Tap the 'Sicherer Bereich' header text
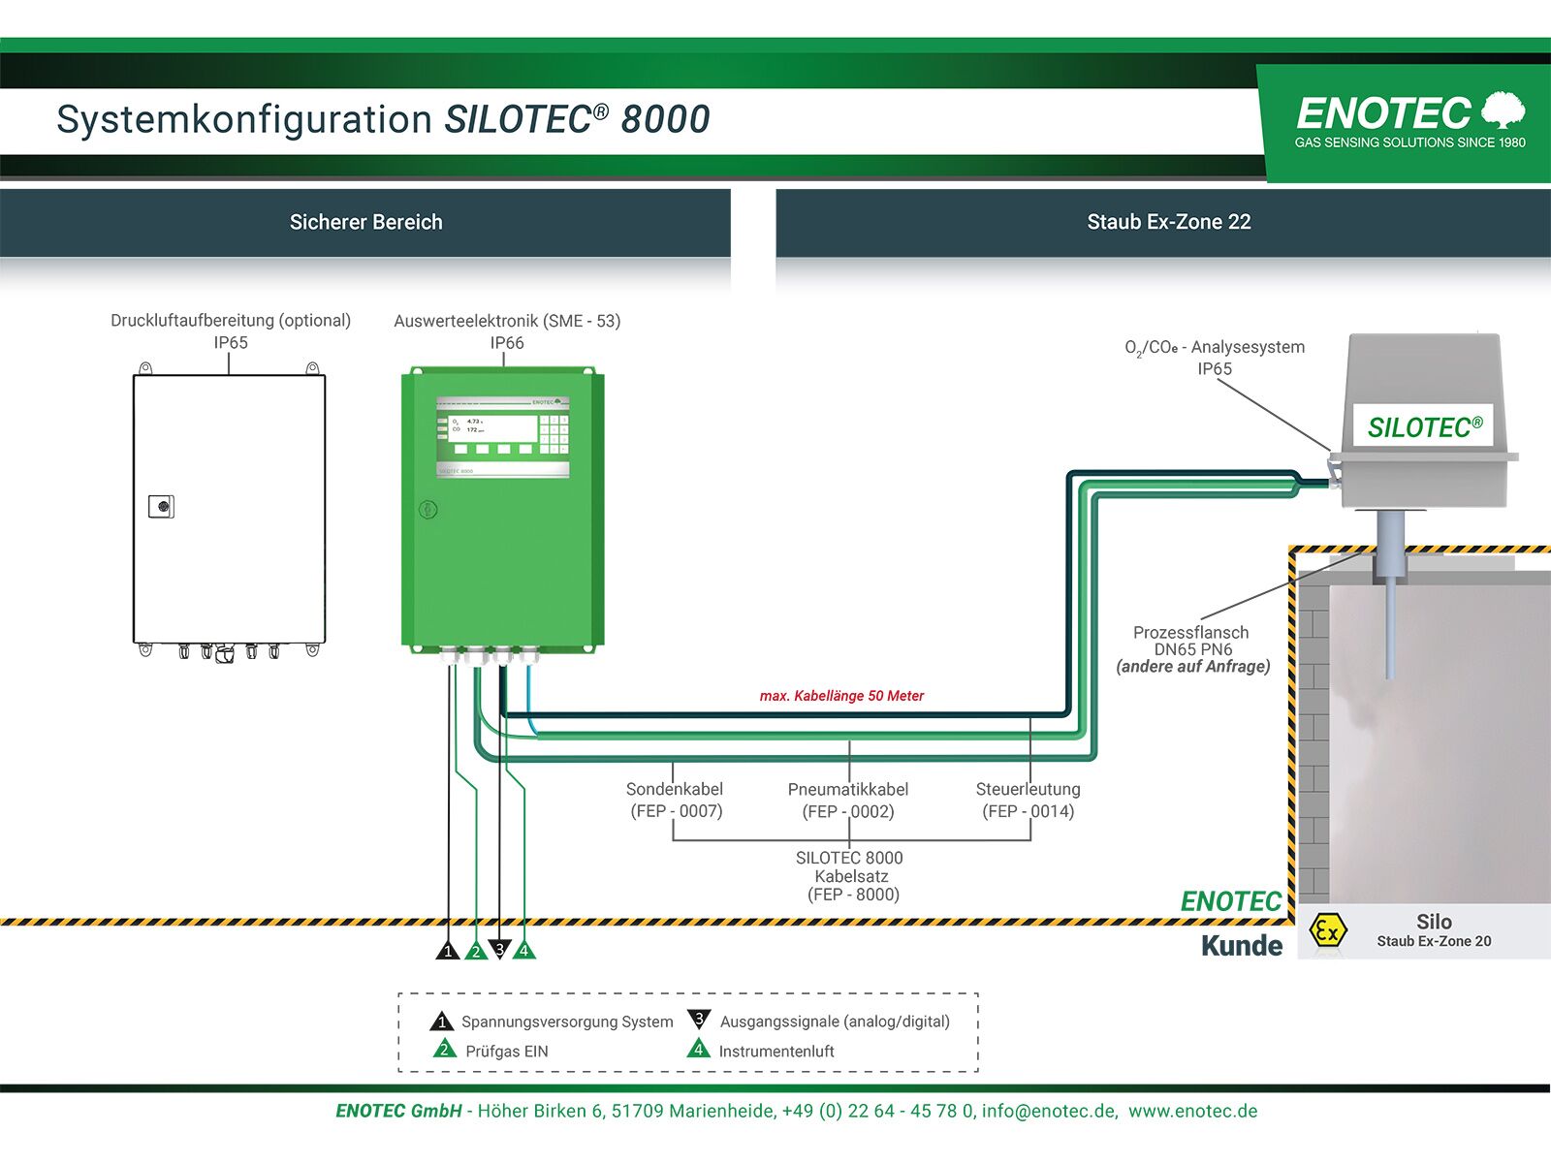click(365, 222)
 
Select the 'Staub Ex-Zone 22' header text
click(1168, 222)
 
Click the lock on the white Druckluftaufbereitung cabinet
click(161, 506)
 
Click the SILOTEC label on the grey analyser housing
click(1424, 427)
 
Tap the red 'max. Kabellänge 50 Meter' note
click(841, 696)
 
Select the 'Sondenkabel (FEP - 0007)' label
click(676, 801)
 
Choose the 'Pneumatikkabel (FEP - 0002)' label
click(848, 801)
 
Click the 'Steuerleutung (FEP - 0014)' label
click(1028, 801)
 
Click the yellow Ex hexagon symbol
click(1327, 931)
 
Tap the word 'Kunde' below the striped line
click(1241, 946)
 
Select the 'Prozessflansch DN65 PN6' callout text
click(1192, 642)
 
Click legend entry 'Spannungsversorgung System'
click(566, 1022)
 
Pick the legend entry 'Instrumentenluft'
click(775, 1052)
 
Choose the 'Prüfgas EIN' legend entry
click(506, 1052)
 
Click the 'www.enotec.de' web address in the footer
click(1192, 1112)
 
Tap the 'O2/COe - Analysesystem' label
click(1216, 347)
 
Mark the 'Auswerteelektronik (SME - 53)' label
click(507, 321)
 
